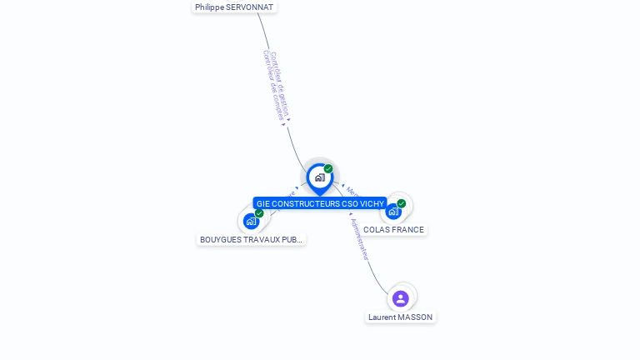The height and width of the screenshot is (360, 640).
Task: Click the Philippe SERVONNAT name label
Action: [x=234, y=7]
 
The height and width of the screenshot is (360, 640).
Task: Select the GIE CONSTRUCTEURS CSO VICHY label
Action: [x=320, y=203]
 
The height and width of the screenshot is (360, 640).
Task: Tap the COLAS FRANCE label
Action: [x=393, y=229]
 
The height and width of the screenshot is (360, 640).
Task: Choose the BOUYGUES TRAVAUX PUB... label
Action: [x=251, y=239]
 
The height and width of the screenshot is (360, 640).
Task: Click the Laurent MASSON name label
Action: [x=400, y=317]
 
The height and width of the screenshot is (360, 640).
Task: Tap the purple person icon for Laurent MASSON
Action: [x=401, y=298]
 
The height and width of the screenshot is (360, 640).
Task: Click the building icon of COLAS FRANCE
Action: [x=392, y=212]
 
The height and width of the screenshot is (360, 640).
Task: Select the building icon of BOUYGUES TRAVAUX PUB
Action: [x=250, y=222]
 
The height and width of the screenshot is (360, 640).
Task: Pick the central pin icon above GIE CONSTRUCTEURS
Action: [x=319, y=177]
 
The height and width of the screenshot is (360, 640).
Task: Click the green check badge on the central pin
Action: [x=328, y=169]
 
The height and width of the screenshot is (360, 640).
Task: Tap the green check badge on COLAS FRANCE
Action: [x=402, y=203]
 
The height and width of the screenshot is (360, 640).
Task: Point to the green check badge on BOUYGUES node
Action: [x=259, y=213]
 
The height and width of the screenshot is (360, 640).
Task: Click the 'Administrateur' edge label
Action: [x=360, y=239]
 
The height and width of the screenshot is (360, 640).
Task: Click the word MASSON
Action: [x=415, y=317]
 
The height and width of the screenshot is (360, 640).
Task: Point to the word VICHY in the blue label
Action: [x=372, y=203]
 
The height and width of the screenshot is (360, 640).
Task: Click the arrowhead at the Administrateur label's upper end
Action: [x=351, y=214]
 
